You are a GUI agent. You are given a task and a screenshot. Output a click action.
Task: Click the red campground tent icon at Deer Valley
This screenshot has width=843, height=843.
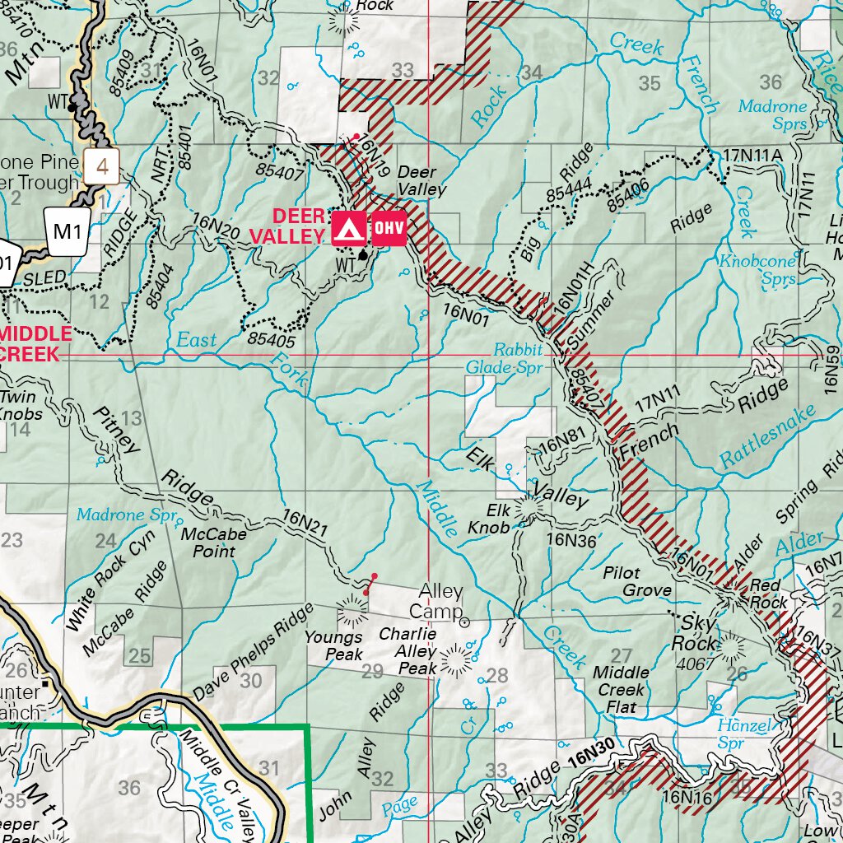(x=349, y=229)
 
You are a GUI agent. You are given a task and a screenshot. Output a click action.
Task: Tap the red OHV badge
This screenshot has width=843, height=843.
(x=389, y=229)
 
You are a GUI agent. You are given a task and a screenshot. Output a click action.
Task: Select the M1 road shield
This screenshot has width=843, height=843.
(x=66, y=231)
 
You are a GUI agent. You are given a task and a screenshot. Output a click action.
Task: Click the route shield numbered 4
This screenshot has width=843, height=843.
(x=102, y=167)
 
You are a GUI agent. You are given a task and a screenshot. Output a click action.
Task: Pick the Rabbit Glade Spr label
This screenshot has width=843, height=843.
(x=505, y=357)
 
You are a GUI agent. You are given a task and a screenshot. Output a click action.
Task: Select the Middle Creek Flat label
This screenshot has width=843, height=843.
(x=622, y=690)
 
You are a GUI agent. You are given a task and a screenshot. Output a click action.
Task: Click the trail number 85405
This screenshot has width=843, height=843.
(x=271, y=337)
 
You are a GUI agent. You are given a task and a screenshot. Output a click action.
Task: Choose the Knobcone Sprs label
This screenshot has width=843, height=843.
(x=758, y=269)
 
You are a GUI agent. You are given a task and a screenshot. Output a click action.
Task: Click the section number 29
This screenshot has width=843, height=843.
(x=373, y=672)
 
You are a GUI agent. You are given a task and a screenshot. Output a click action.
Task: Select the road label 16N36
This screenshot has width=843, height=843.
(x=571, y=540)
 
